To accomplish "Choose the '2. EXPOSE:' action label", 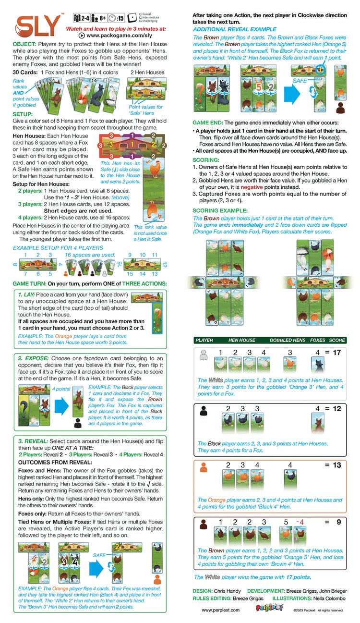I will [x=34, y=358].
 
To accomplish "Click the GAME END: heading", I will [x=208, y=122].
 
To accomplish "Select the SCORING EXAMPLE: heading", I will [x=220, y=210].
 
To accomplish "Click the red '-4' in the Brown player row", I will [x=300, y=521].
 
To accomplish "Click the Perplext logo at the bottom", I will [x=265, y=609].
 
